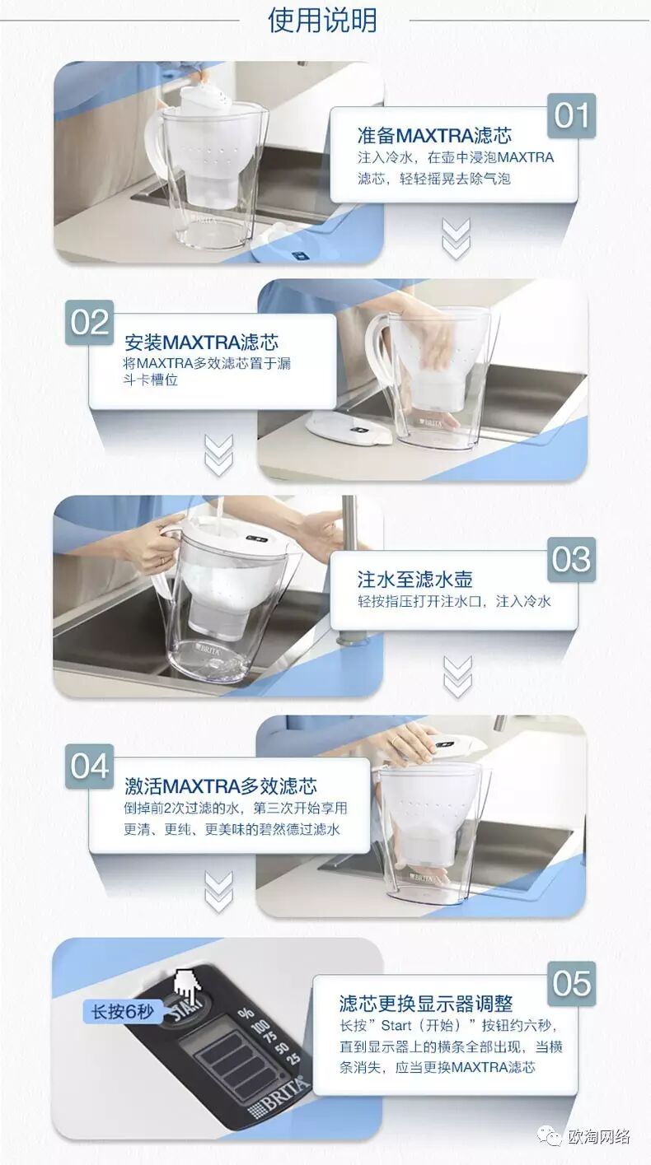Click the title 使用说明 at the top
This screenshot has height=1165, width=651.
pyautogui.click(x=322, y=21)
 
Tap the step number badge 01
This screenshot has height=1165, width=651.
pyautogui.click(x=571, y=115)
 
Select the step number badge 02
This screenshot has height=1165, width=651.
pyautogui.click(x=90, y=323)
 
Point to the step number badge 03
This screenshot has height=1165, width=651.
pyautogui.click(x=571, y=560)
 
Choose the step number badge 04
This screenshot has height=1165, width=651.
pyautogui.click(x=90, y=767)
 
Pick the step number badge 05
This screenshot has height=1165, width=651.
pyautogui.click(x=571, y=985)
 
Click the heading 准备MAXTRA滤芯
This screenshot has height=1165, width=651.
pyautogui.click(x=434, y=136)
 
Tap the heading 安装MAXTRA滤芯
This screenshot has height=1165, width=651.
pyautogui.click(x=201, y=343)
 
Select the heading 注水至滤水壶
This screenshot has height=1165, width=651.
pyautogui.click(x=414, y=580)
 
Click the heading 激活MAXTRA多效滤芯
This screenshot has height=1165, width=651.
pyautogui.click(x=221, y=785)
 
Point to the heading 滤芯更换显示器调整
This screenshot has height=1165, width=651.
pyautogui.click(x=426, y=1004)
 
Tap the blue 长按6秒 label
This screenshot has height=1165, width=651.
pyautogui.click(x=123, y=1012)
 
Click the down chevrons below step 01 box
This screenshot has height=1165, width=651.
pyautogui.click(x=456, y=239)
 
